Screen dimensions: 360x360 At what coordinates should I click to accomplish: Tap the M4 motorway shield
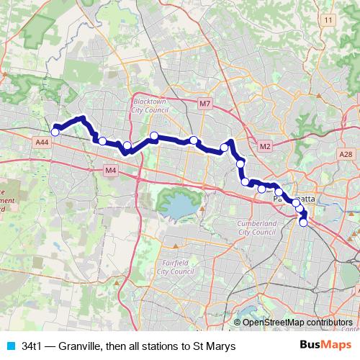point(110,171)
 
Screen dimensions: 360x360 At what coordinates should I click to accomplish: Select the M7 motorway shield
point(205,104)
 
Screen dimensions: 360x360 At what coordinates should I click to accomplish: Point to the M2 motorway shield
point(265,147)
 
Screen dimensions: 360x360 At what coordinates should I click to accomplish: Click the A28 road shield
point(346,154)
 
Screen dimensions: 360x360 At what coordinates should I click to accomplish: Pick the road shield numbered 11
point(329,20)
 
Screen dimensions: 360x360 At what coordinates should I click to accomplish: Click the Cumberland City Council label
point(256,228)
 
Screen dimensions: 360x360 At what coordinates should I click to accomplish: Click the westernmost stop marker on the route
point(55,132)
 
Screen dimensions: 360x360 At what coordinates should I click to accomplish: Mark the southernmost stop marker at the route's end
point(303,223)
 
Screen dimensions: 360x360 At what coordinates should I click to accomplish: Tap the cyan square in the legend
point(11,346)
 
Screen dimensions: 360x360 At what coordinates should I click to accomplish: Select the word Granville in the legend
point(84,346)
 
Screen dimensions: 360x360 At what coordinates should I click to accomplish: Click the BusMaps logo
point(325,345)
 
